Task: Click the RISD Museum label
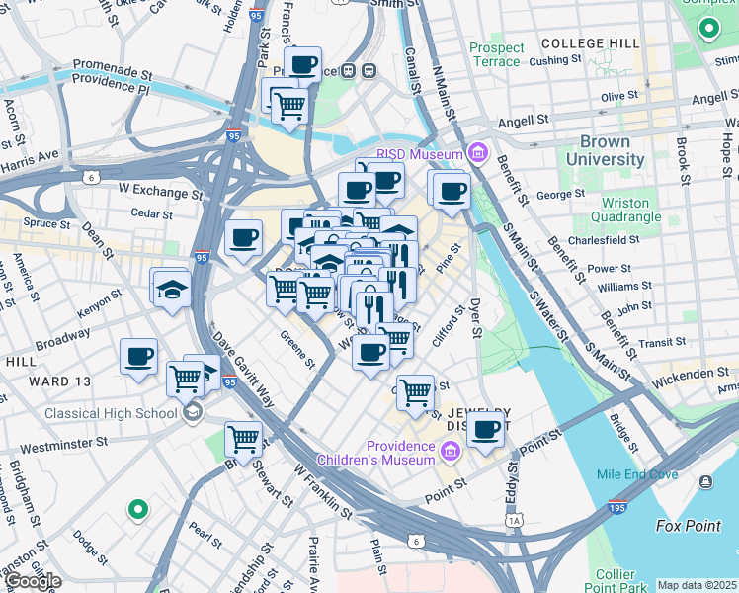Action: [422, 154]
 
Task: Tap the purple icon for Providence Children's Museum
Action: [451, 453]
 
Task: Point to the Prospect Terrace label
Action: [496, 54]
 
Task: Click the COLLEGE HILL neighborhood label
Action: [591, 45]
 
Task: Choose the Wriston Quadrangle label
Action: [631, 210]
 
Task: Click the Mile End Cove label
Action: [637, 474]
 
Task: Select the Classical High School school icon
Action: [193, 410]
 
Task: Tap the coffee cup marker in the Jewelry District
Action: [486, 429]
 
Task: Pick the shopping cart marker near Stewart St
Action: [243, 438]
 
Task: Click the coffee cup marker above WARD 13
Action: [138, 355]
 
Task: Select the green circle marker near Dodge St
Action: [138, 510]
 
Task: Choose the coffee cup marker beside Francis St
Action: [302, 65]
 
